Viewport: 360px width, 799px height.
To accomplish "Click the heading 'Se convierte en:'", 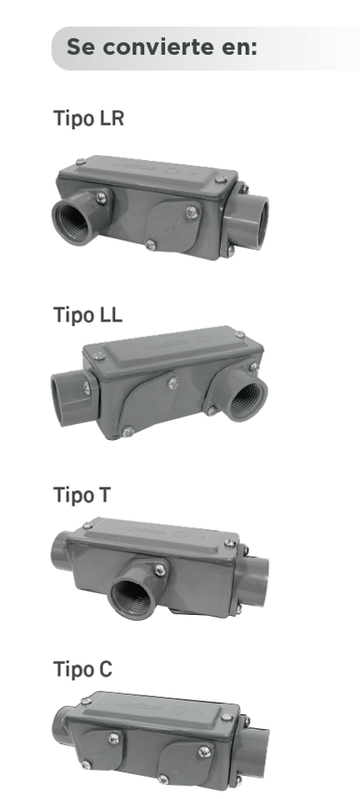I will pos(162,47).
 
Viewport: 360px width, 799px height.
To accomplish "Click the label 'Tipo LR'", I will pos(89,117).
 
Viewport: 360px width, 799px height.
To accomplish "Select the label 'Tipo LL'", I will pos(87,315).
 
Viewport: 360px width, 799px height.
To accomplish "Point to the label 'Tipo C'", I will pos(82,669).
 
